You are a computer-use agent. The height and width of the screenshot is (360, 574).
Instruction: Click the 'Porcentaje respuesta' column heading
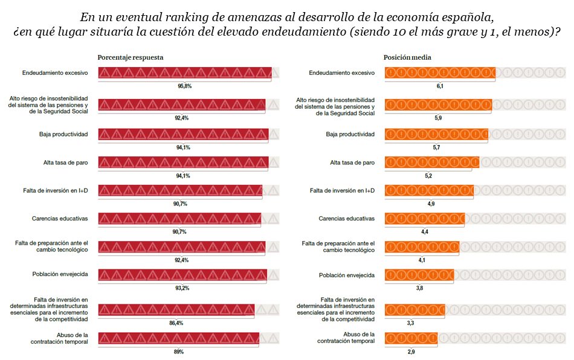(x=131, y=57)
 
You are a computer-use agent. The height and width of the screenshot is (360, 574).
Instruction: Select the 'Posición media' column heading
(x=407, y=57)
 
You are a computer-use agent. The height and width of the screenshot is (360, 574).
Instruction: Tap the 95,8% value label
(x=184, y=86)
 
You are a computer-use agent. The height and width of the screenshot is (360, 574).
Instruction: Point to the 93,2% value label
(x=182, y=288)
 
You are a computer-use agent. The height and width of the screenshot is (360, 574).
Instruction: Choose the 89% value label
(x=178, y=352)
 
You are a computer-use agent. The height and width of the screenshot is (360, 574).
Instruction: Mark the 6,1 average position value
(x=440, y=86)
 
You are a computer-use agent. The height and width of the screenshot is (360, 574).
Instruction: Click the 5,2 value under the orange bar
(x=428, y=176)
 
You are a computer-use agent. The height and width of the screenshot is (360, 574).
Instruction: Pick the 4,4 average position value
(x=425, y=232)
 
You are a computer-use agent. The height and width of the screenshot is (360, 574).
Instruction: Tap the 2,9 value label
(x=411, y=352)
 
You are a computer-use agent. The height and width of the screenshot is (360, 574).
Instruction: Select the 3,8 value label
(x=419, y=288)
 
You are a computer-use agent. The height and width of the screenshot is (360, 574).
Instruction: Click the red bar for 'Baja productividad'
(x=183, y=133)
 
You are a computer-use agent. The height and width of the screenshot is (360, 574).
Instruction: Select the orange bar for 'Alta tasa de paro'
(x=432, y=162)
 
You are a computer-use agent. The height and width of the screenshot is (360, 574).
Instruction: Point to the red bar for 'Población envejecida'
(x=182, y=274)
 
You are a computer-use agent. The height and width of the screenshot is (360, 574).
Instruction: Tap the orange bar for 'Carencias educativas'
(x=425, y=218)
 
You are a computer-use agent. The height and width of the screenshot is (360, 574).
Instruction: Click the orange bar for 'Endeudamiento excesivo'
(x=440, y=72)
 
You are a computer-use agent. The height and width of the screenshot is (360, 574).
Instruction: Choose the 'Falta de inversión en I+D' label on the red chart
(x=56, y=190)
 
